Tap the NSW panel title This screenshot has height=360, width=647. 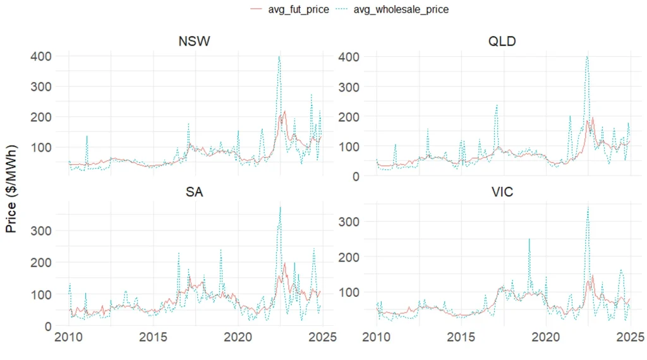pyautogui.click(x=195, y=42)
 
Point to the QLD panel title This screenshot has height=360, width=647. pyautogui.click(x=503, y=42)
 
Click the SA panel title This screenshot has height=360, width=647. pyautogui.click(x=195, y=191)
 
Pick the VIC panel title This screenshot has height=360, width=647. pyautogui.click(x=503, y=191)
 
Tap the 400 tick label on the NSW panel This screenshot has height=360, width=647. pyautogui.click(x=40, y=56)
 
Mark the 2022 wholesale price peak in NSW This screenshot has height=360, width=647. pyautogui.click(x=279, y=57)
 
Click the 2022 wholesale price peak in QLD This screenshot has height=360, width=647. pyautogui.click(x=587, y=57)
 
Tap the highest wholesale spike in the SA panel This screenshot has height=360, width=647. pyautogui.click(x=280, y=207)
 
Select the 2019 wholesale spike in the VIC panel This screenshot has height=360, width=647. pyautogui.click(x=529, y=239)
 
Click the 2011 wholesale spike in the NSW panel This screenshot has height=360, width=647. pyautogui.click(x=87, y=136)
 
